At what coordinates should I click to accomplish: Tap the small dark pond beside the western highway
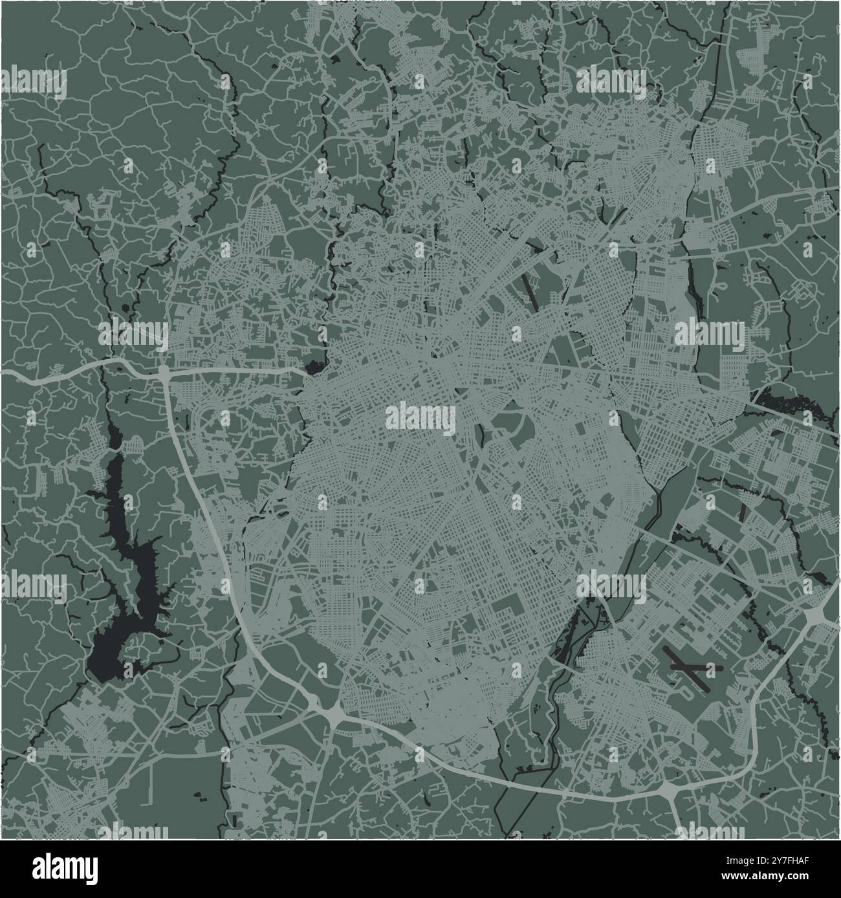click(x=314, y=368)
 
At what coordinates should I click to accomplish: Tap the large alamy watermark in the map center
click(x=420, y=417)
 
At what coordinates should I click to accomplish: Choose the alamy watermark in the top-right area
click(x=611, y=82)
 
